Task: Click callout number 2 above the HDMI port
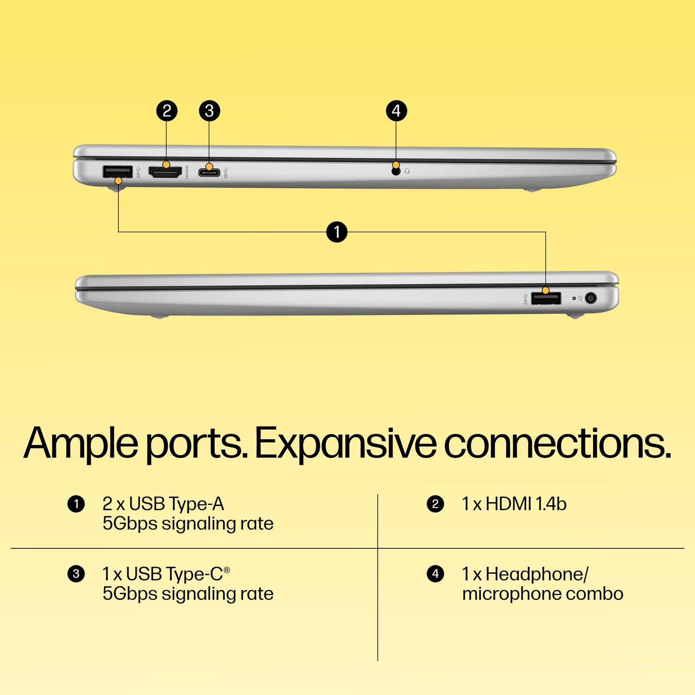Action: (x=167, y=111)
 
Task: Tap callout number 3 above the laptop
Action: (x=209, y=111)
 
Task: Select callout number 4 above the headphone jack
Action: (x=396, y=111)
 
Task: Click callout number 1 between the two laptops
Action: (x=337, y=232)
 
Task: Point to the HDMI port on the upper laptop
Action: (x=165, y=172)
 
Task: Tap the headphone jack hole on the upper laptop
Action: (x=396, y=171)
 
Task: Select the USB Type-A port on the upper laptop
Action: (x=117, y=172)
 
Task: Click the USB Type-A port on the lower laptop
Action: (x=546, y=299)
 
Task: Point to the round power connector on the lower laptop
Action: (x=591, y=298)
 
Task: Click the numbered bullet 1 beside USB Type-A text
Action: (x=76, y=504)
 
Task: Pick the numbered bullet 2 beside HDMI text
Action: (x=435, y=504)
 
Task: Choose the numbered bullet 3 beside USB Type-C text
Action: (x=76, y=574)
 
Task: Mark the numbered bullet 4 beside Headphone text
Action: (x=435, y=574)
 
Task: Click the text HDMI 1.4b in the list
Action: (x=526, y=504)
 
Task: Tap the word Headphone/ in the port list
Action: (x=537, y=574)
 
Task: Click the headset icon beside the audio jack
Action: (x=407, y=171)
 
